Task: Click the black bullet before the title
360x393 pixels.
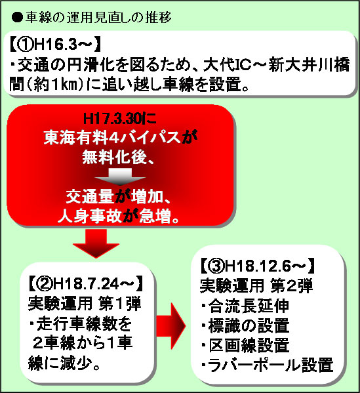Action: pyautogui.click(x=17, y=18)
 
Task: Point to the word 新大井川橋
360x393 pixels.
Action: pyautogui.click(x=309, y=65)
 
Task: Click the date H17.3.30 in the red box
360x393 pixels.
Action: pyautogui.click(x=112, y=118)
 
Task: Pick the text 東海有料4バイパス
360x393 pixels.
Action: pyautogui.click(x=112, y=138)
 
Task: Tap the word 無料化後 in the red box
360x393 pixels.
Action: pyautogui.click(x=114, y=157)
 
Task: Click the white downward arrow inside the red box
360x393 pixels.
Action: pyautogui.click(x=120, y=176)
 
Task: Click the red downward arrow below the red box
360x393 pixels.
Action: pyautogui.click(x=96, y=243)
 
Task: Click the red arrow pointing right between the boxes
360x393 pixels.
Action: pyautogui.click(x=171, y=326)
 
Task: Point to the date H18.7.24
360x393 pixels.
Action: pyautogui.click(x=86, y=283)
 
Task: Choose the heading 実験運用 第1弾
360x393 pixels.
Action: pyautogui.click(x=85, y=303)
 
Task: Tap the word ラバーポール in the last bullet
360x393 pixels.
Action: pyautogui.click(x=254, y=365)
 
